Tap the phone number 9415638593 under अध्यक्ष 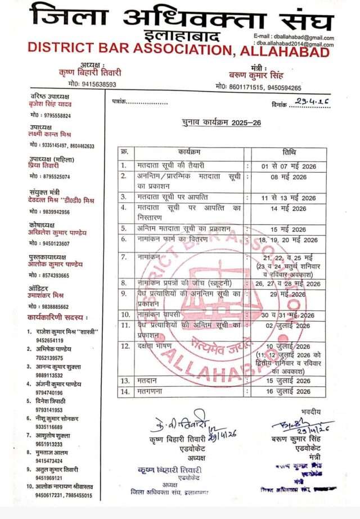point(90,84)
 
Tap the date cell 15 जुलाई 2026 point(289,381)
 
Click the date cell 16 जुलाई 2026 point(289,392)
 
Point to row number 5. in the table point(123,229)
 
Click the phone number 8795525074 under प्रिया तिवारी point(51,177)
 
